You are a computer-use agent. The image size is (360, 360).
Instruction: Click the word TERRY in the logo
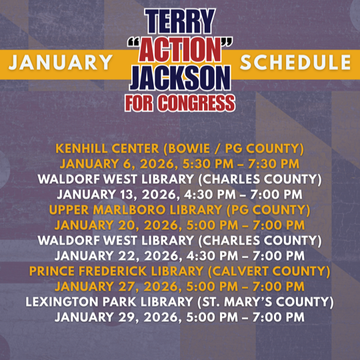point(179,23)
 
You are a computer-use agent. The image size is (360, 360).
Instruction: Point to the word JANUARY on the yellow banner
point(61,63)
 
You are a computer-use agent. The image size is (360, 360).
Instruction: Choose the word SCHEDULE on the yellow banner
point(295,63)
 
